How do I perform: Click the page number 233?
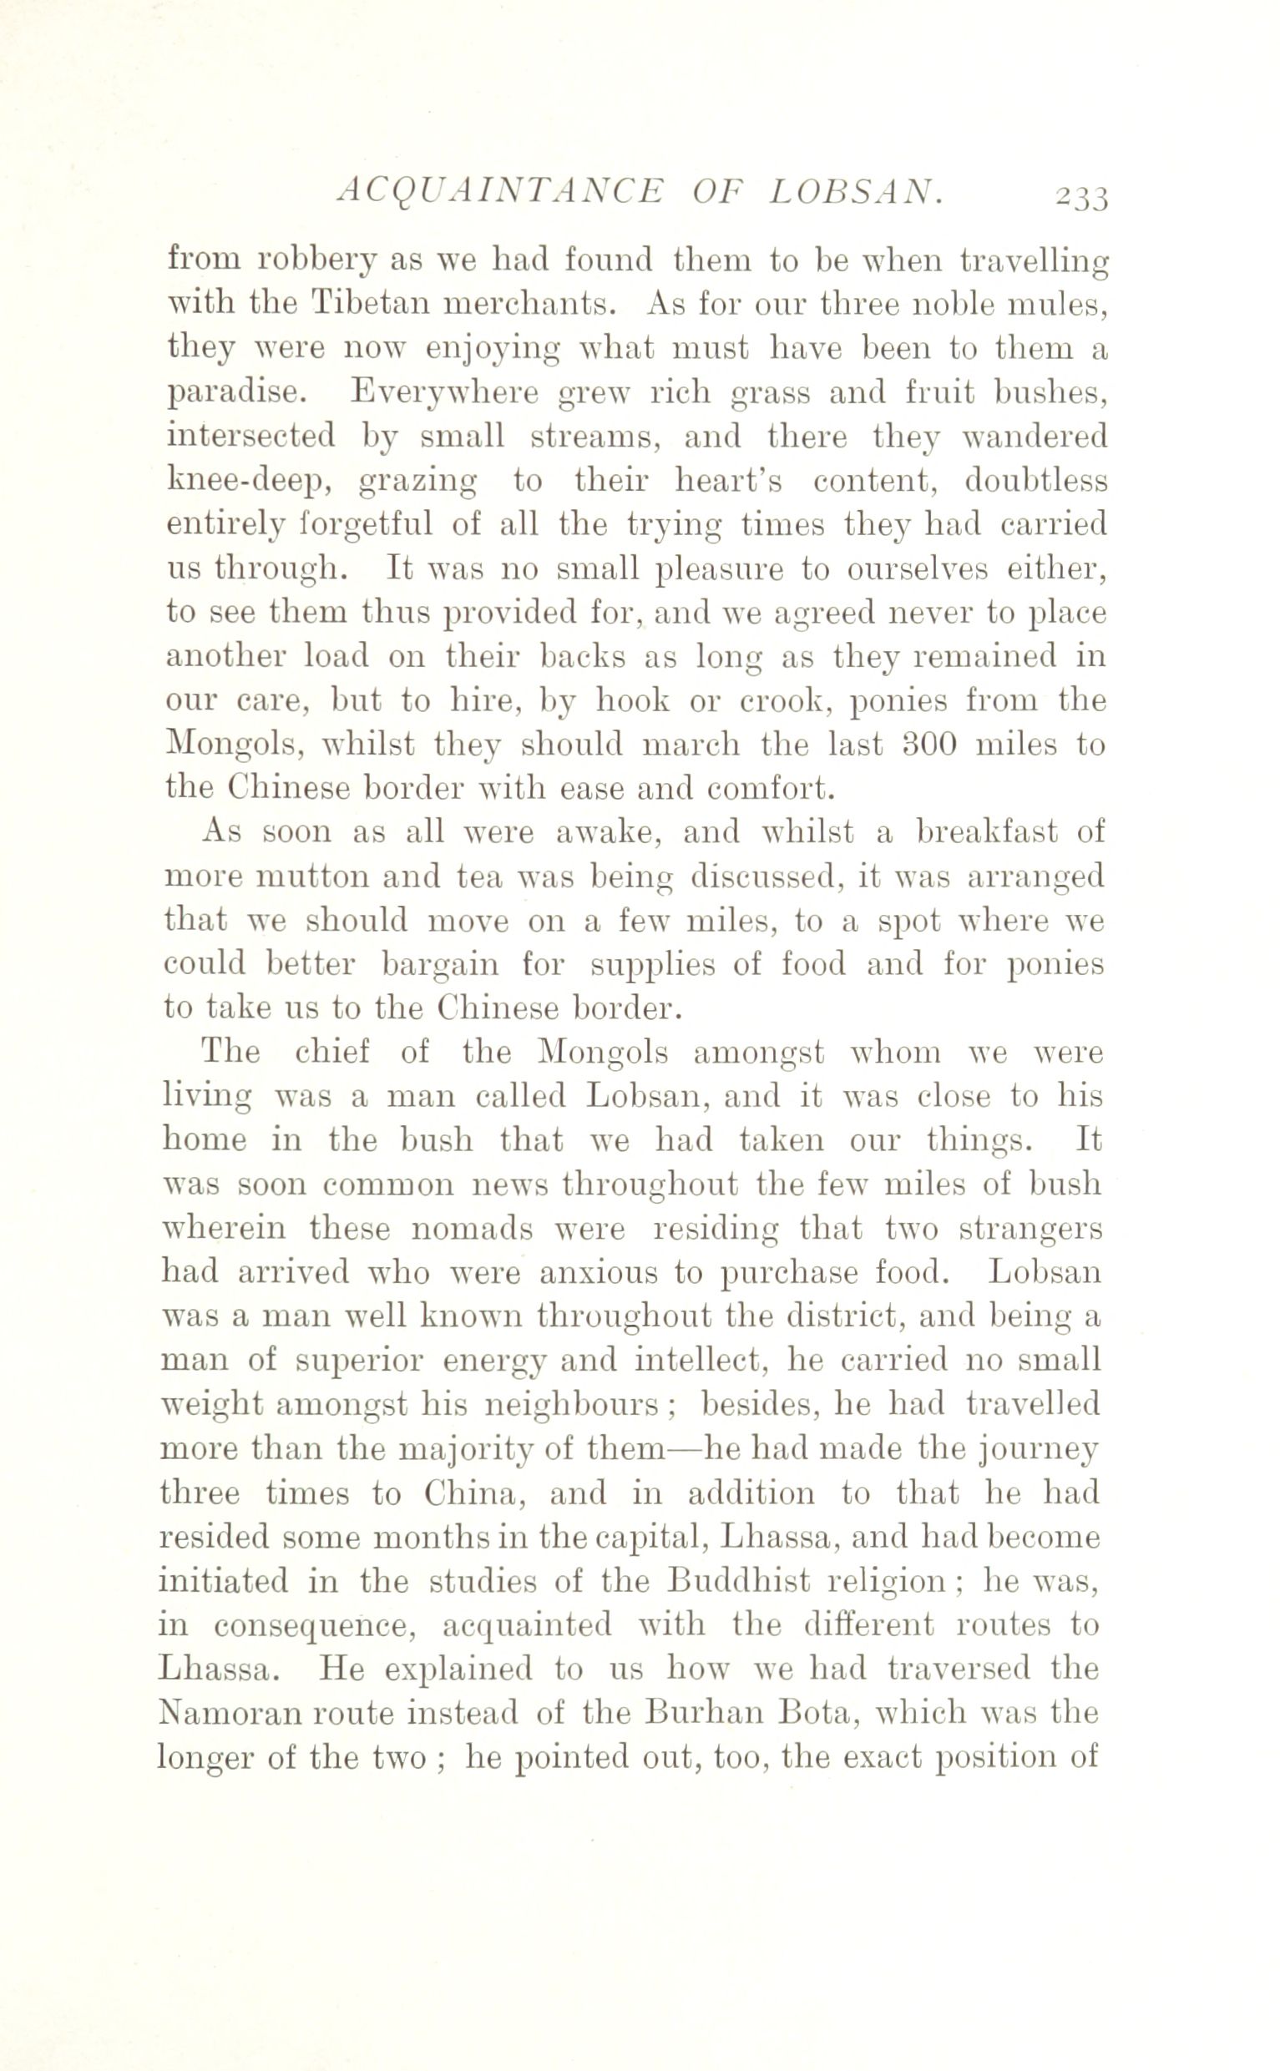tap(1081, 196)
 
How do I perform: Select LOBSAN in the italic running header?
tap(857, 194)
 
